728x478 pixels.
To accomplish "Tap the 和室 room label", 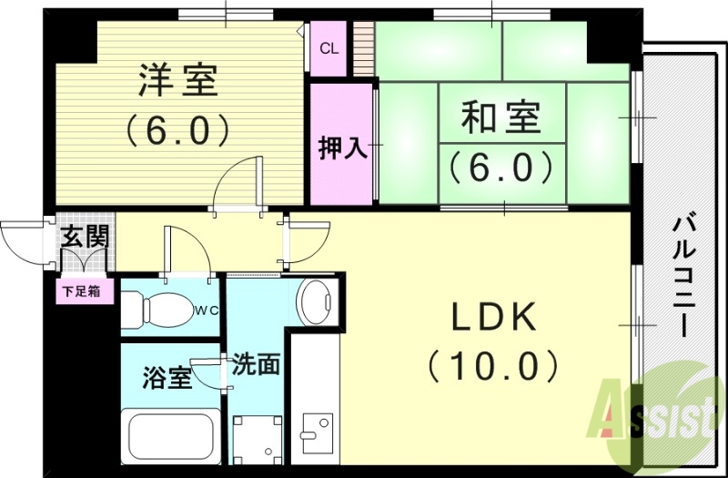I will tap(500, 118).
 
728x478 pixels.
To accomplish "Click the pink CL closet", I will tap(329, 48).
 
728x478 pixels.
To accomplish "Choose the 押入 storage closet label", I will tap(342, 148).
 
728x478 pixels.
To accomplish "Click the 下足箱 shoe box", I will tap(87, 293).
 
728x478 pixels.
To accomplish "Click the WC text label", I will tap(206, 310).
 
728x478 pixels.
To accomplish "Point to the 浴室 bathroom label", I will tap(167, 378).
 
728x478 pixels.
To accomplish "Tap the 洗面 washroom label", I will tap(255, 364).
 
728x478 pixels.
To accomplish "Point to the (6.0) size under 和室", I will tap(500, 167).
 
